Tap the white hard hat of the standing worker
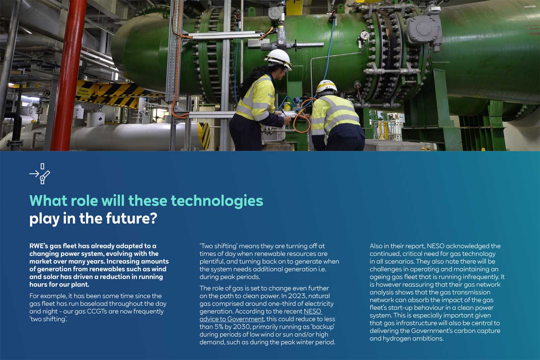tap(278, 58)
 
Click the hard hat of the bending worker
tap(326, 86)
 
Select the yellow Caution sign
tap(83, 92)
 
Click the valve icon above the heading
tap(40, 174)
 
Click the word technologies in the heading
tap(217, 201)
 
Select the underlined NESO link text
tap(313, 311)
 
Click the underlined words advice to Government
tap(232, 319)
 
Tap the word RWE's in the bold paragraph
tap(39, 246)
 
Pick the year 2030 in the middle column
tap(240, 327)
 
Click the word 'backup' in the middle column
tap(323, 327)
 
